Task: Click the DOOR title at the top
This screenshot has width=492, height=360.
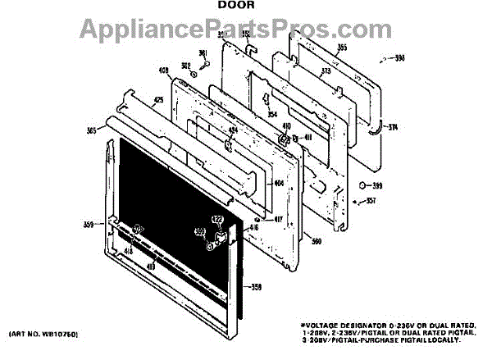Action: click(237, 7)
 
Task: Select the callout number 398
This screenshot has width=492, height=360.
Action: click(401, 58)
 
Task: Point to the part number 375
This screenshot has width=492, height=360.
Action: click(303, 71)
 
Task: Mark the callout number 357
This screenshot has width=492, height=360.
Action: click(371, 200)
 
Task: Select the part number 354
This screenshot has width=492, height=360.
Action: click(271, 114)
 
